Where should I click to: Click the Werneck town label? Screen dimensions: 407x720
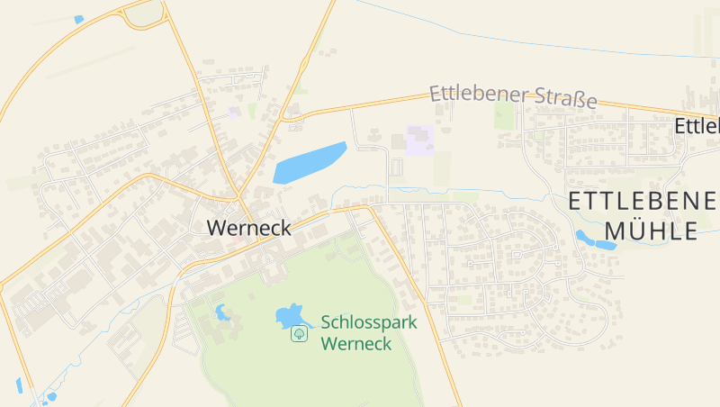[249, 228]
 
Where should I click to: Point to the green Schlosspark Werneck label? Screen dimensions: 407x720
[369, 331]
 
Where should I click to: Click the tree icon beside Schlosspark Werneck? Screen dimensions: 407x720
[300, 334]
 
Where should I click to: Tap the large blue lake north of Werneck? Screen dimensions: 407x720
[309, 162]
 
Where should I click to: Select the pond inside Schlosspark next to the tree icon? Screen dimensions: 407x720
[288, 315]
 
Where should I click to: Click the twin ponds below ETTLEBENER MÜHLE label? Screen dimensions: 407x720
[595, 240]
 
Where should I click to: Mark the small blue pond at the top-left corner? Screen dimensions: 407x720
[78, 19]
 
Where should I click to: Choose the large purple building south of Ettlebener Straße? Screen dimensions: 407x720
[419, 140]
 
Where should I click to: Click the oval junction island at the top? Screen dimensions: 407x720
[144, 14]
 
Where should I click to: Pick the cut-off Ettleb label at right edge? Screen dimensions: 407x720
[697, 126]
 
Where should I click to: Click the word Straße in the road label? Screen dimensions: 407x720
[562, 98]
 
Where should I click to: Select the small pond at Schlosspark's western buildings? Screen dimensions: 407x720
[220, 312]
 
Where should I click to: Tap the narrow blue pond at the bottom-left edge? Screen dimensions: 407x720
[19, 385]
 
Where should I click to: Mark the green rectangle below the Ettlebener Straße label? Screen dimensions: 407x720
[504, 115]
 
